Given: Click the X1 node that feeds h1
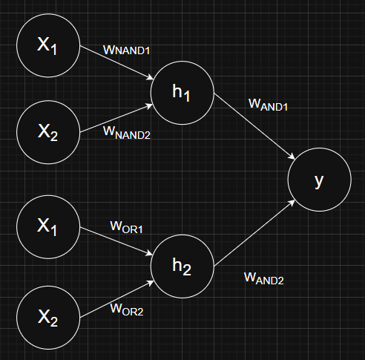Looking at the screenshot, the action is pyautogui.click(x=48, y=45).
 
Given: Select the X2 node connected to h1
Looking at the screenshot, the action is pyautogui.click(x=48, y=132).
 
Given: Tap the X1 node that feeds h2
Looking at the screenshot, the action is pyautogui.click(x=48, y=227).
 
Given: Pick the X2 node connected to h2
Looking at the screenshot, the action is pyautogui.click(x=48, y=318).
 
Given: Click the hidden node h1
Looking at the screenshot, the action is pyautogui.click(x=182, y=93).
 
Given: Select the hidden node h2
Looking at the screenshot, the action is pyautogui.click(x=182, y=266).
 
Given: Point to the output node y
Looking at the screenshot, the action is pyautogui.click(x=320, y=180).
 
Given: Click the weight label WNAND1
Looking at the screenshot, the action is pyautogui.click(x=126, y=50).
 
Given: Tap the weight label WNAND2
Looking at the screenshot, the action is pyautogui.click(x=127, y=133).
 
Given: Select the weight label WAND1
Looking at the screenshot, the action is pyautogui.click(x=268, y=105).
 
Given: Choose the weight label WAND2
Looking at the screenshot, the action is pyautogui.click(x=264, y=278).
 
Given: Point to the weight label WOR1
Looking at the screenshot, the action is pyautogui.click(x=126, y=227).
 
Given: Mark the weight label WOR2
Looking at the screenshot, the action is pyautogui.click(x=127, y=310).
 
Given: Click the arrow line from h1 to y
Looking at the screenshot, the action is pyautogui.click(x=254, y=126).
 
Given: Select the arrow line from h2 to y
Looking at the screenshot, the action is pyautogui.click(x=254, y=233).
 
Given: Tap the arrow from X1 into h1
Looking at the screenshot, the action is pyautogui.click(x=116, y=63).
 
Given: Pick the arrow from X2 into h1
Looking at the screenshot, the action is pyautogui.click(x=116, y=118).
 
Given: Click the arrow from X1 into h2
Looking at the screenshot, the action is pyautogui.click(x=116, y=241).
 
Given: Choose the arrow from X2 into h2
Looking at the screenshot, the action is pyautogui.click(x=117, y=299).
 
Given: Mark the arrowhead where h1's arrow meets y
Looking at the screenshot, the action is pyautogui.click(x=292, y=157).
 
